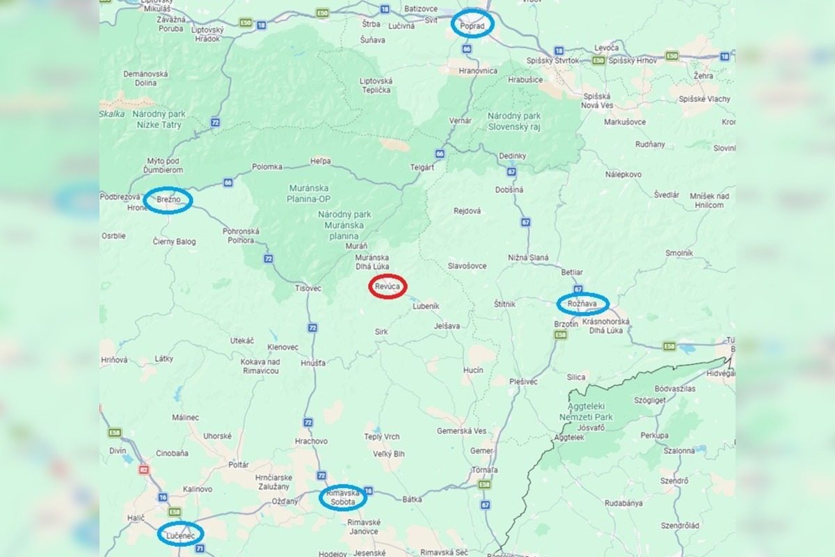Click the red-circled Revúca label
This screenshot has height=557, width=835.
click(388, 286)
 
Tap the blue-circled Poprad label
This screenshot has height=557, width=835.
click(473, 24)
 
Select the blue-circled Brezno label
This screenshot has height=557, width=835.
click(168, 200)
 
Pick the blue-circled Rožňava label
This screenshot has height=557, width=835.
click(582, 304)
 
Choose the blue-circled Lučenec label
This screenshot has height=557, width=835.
click(180, 534)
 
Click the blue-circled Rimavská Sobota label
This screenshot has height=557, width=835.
click(342, 497)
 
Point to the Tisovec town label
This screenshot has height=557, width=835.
click(308, 288)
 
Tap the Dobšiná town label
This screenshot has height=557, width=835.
click(509, 189)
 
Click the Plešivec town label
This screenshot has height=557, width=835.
click(523, 382)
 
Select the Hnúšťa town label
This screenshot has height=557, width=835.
click(313, 363)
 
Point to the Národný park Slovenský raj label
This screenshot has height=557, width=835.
click(514, 120)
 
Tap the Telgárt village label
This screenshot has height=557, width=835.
click(422, 167)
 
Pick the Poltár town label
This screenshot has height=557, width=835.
click(238, 464)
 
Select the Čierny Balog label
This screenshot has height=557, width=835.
click(174, 242)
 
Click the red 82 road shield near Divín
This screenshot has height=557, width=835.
click(144, 469)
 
